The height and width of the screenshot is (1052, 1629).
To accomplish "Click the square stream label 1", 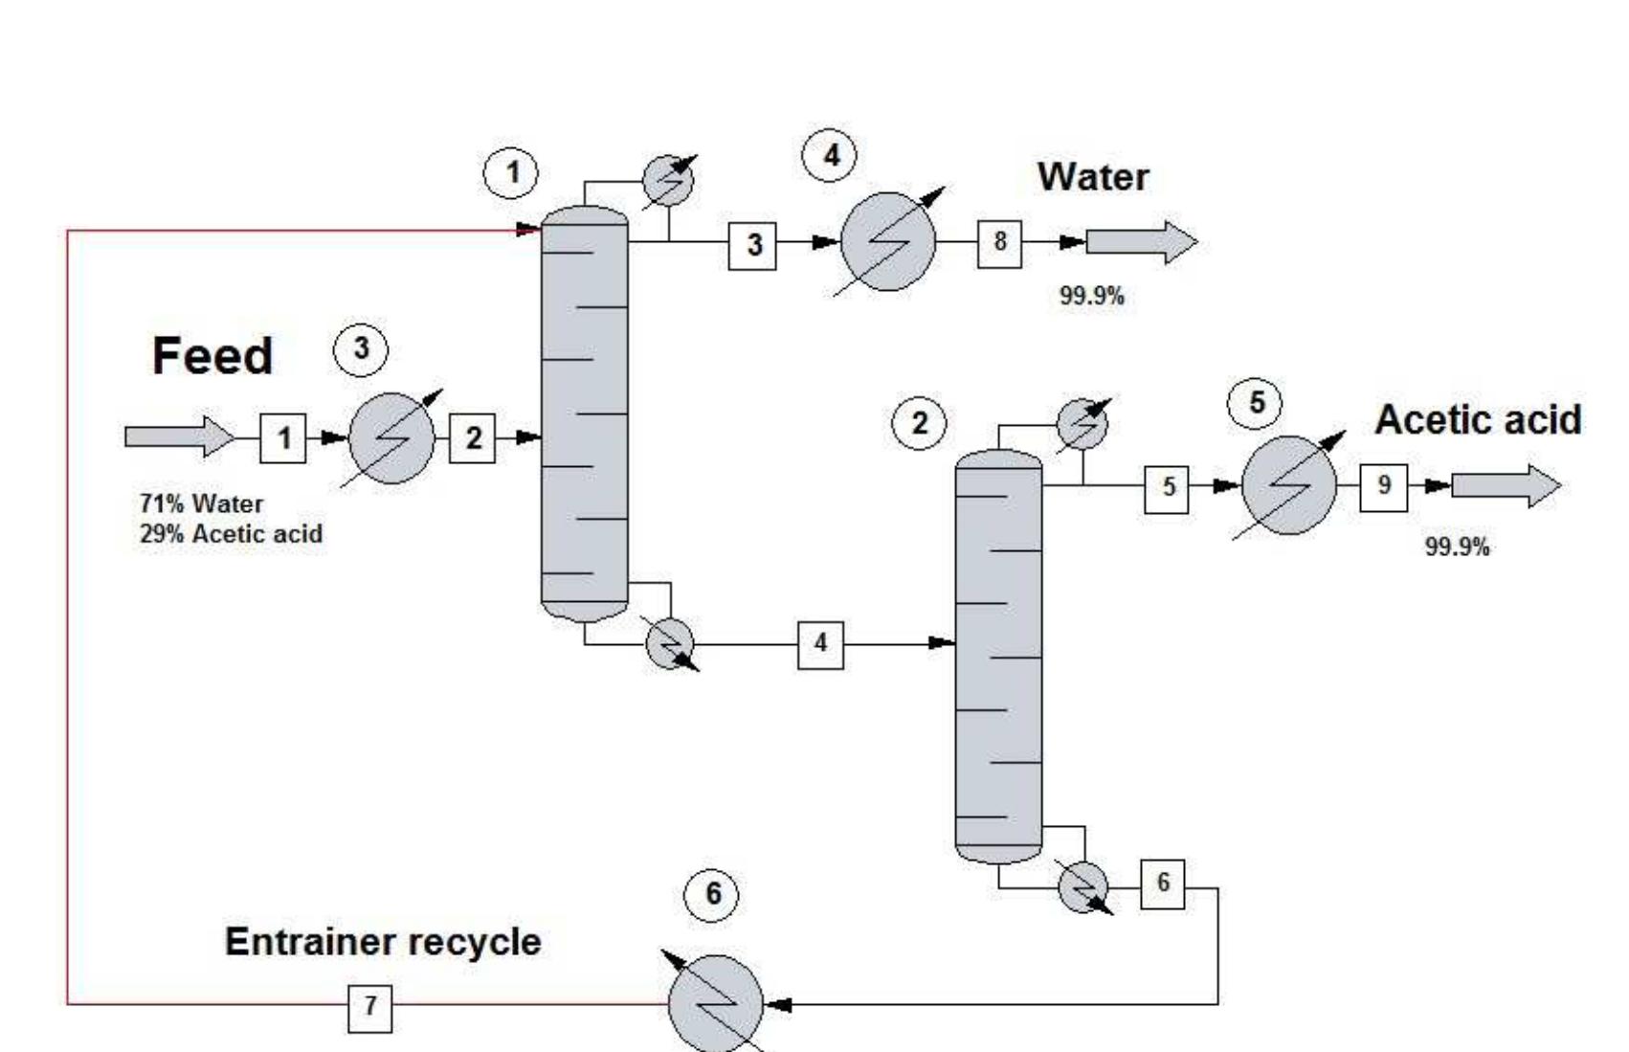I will [x=283, y=438].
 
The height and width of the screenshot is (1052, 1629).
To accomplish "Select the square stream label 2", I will [x=473, y=438].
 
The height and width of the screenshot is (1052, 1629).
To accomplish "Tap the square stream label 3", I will [x=753, y=245].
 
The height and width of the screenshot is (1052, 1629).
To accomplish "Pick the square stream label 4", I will [x=820, y=644].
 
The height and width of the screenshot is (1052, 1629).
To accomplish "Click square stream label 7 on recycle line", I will [x=369, y=1006].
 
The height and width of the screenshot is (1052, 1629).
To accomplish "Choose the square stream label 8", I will [x=999, y=243].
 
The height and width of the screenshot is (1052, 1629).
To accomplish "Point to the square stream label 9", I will [x=1383, y=486].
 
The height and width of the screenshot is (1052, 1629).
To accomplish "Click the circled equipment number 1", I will [x=511, y=173].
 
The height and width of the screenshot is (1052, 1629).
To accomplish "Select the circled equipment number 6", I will [x=712, y=894].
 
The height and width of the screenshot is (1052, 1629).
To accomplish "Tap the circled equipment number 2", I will [x=920, y=424].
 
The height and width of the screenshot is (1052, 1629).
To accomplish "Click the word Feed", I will [x=212, y=357].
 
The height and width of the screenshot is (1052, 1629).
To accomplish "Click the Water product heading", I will [x=1092, y=178].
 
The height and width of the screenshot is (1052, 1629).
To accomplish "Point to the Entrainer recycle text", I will [x=383, y=942].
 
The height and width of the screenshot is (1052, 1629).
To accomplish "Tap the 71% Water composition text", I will [x=201, y=504].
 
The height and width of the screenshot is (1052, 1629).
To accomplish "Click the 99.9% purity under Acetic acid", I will [x=1457, y=548].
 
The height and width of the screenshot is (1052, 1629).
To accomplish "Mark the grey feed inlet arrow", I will [x=178, y=436].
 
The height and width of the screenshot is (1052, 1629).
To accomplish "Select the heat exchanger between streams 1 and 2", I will [x=391, y=438].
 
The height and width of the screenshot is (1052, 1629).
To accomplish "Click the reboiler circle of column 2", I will [x=1083, y=885].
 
